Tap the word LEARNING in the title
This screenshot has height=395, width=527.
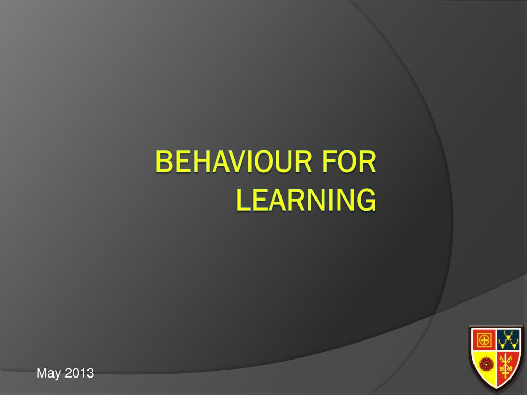(306, 200)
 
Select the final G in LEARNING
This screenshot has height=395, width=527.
(367, 200)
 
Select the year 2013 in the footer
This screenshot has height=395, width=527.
(79, 373)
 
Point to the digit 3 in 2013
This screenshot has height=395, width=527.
(90, 373)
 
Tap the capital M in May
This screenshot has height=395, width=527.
(41, 373)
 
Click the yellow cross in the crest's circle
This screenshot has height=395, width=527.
(484, 340)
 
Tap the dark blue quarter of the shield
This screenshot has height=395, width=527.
(509, 339)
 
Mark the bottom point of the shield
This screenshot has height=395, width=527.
(496, 389)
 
